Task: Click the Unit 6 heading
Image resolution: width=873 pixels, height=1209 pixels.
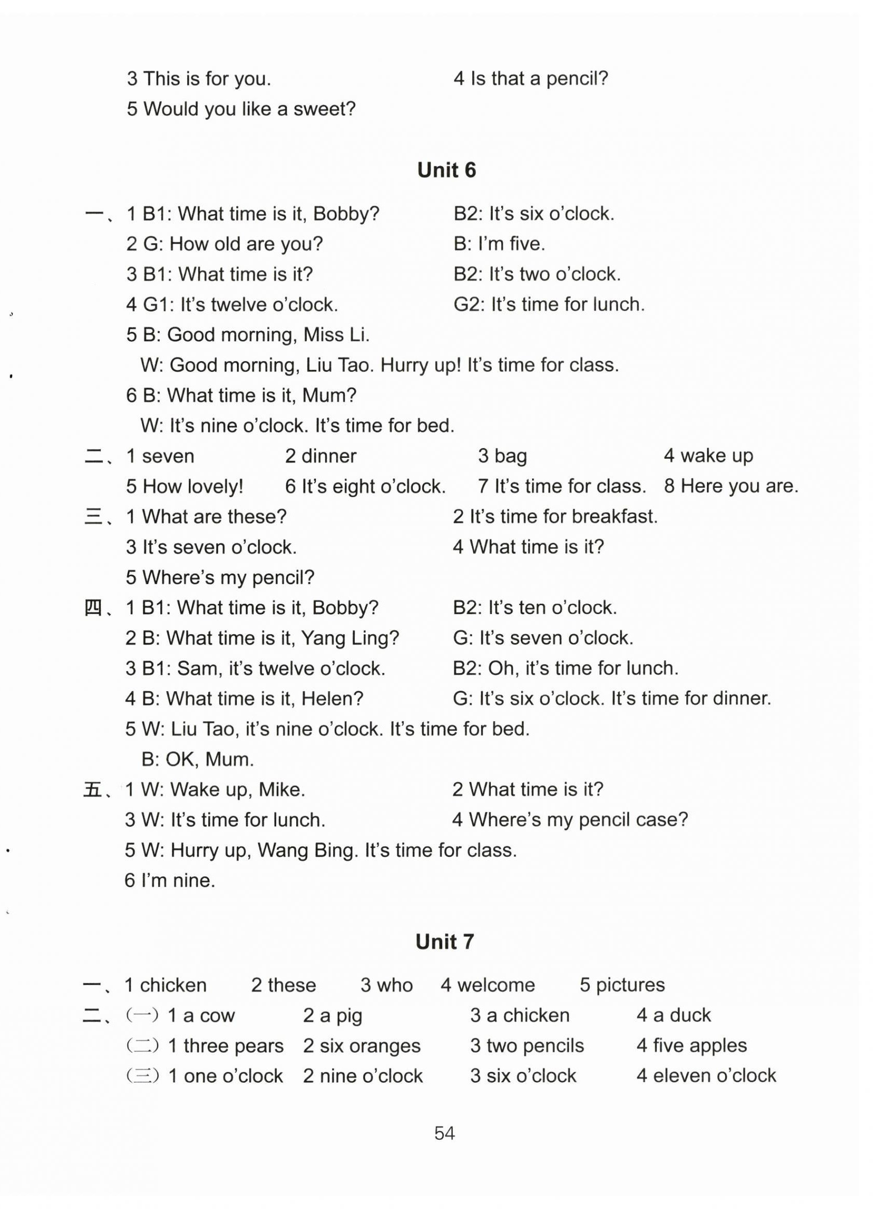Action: (446, 170)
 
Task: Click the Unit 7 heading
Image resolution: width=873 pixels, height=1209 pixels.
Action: (444, 942)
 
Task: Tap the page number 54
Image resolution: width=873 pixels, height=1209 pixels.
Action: (444, 1133)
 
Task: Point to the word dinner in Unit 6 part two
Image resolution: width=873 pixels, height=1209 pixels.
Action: (328, 456)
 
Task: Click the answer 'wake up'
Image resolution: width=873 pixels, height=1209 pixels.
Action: (716, 456)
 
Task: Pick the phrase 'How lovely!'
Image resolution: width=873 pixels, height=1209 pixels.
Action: (192, 487)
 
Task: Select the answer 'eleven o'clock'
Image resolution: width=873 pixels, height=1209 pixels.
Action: (714, 1076)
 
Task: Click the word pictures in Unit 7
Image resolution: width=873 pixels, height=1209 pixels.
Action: (630, 985)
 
